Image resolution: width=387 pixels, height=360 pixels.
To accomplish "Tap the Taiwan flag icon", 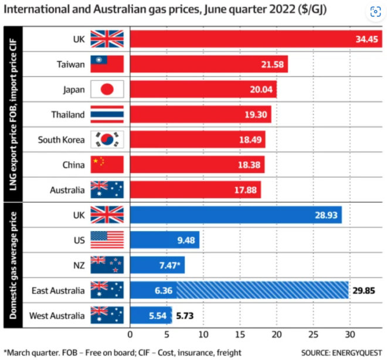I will [107, 64].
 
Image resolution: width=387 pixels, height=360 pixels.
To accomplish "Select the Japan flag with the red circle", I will [107, 90].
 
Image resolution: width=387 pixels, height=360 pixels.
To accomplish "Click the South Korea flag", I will [107, 140].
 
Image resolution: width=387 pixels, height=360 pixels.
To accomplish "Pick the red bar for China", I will [196, 165].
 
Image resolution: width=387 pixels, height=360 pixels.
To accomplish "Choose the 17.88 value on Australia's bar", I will [245, 191].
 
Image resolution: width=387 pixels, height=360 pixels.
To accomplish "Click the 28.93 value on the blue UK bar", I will [325, 215].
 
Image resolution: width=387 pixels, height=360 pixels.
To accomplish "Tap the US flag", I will [107, 240].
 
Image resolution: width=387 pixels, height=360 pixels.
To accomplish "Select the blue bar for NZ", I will [157, 266].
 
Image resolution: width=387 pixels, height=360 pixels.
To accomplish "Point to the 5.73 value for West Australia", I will [185, 316].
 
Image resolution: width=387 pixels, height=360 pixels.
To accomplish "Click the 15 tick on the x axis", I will [240, 335].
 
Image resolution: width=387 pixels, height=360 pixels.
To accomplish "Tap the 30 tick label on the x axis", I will [349, 335].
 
